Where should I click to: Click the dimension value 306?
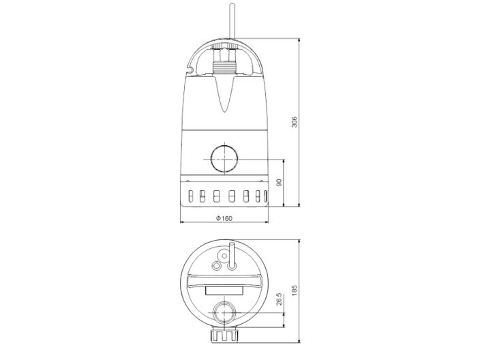coord(295,121)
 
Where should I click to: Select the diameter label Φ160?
coord(224,217)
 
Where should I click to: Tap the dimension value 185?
coord(295,290)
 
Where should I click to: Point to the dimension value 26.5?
coord(278,299)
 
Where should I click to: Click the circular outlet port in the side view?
coord(224,159)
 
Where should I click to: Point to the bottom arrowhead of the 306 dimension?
coord(301,204)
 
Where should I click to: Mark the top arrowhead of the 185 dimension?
coord(301,242)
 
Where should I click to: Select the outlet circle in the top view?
coord(224,313)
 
